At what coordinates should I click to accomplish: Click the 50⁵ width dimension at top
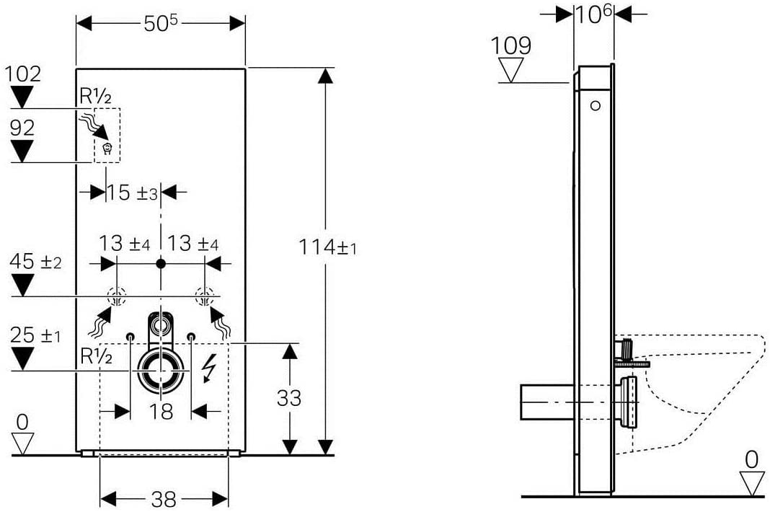pos(161,23)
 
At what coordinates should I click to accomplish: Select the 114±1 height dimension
pos(327,247)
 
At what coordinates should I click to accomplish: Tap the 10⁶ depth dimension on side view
pos(593,14)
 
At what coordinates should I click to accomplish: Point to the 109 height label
pos(511,45)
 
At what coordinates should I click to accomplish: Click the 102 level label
pos(22,74)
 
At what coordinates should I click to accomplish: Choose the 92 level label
pos(22,128)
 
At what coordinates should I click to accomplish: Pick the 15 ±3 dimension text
pos(132,193)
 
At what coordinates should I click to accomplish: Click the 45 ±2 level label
pos(36,261)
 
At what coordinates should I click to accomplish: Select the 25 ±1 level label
pos(36,335)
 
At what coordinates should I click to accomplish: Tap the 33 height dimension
pos(288,398)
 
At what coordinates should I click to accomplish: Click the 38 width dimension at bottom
pos(164,500)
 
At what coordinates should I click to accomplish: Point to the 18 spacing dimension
pos(161,411)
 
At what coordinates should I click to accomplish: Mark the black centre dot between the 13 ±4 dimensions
pos(161,264)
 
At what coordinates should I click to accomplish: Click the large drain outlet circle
pos(161,371)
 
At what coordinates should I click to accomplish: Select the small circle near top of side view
pos(596,105)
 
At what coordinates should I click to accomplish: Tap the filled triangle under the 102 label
pos(22,97)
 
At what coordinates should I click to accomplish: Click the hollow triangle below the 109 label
pos(511,70)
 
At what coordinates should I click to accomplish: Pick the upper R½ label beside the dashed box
pos(95,97)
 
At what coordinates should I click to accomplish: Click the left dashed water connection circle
pos(117,297)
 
